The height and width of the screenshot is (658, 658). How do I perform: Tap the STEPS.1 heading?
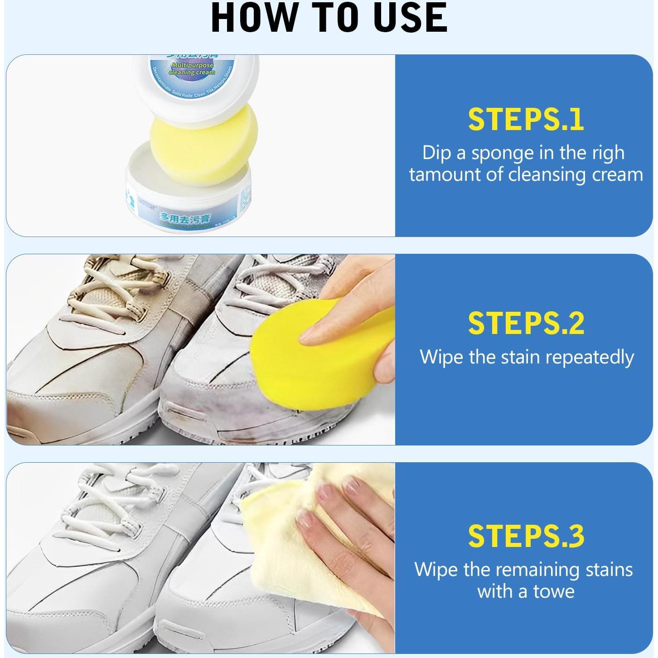pos(526,120)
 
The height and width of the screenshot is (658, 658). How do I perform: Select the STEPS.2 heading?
pos(526,323)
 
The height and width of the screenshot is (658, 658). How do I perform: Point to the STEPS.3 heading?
pos(526,536)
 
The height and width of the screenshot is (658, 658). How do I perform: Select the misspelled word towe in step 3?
pos(554,591)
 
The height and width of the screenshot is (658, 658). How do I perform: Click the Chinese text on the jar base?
pos(184,218)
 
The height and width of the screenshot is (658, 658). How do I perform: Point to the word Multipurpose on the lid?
pos(193,65)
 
